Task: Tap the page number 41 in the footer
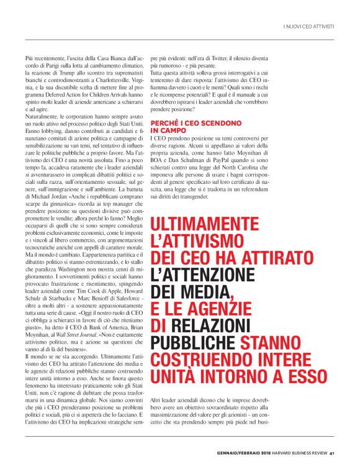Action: [332, 452]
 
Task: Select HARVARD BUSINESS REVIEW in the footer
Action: [292, 452]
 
